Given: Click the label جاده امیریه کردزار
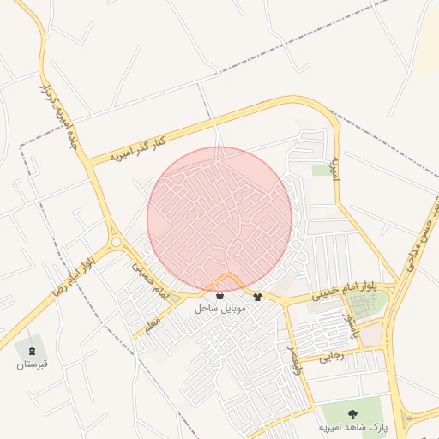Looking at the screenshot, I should point(61,117).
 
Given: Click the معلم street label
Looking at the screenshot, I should point(153,325).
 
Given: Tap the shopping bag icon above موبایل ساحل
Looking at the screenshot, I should point(221,296).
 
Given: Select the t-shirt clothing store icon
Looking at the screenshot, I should point(257,297).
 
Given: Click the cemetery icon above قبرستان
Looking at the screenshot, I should point(33,351).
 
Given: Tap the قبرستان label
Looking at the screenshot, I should point(33,365).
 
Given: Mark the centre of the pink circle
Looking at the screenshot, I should point(219,219).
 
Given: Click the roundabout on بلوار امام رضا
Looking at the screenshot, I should point(114,241).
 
